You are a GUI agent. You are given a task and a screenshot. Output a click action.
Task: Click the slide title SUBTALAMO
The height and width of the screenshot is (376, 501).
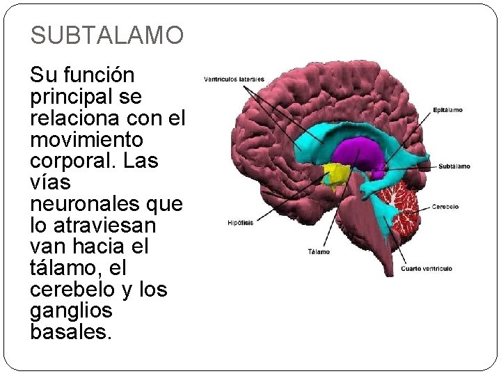(x=107, y=34)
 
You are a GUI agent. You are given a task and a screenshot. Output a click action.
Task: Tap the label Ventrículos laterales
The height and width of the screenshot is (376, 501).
(x=234, y=79)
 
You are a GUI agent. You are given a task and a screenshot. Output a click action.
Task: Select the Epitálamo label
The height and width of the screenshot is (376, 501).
(x=447, y=110)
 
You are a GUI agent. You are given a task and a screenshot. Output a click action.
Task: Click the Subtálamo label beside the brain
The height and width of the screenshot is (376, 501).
(x=454, y=166)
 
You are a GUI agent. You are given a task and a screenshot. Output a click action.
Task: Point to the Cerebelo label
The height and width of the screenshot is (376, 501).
(x=445, y=206)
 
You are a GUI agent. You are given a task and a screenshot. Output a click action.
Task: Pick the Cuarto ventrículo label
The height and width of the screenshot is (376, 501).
(x=427, y=269)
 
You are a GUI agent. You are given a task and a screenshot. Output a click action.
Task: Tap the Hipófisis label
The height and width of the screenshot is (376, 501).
(x=240, y=224)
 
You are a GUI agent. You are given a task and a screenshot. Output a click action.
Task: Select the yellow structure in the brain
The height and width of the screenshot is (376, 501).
(x=337, y=175)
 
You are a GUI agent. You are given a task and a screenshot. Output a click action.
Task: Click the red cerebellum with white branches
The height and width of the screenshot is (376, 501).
(x=399, y=207)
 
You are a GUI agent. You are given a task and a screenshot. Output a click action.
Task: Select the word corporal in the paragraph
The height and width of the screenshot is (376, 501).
(x=71, y=161)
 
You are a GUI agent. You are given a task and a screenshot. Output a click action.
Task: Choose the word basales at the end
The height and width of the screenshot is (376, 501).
(x=70, y=332)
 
